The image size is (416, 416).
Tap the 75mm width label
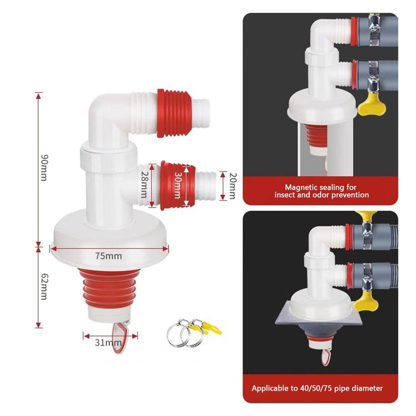click(108, 255)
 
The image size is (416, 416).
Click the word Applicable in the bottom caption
click(270, 389)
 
